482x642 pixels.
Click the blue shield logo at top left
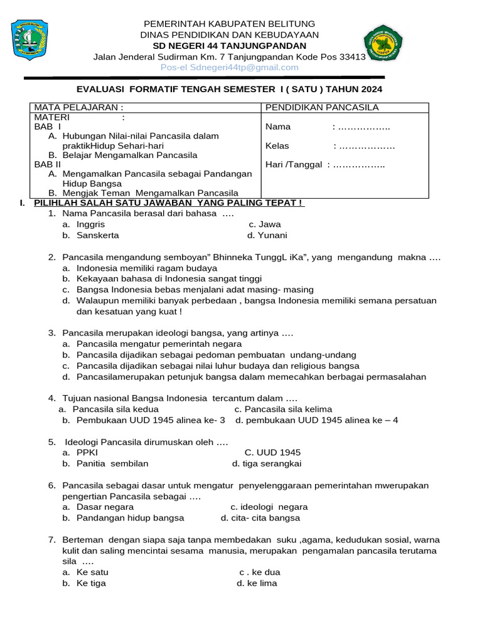[x=29, y=40]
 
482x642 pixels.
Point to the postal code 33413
[x=352, y=56]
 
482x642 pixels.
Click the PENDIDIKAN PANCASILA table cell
[x=322, y=107]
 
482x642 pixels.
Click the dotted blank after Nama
[x=363, y=127]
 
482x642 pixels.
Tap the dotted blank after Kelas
[x=366, y=146]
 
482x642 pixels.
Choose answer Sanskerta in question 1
[x=97, y=236]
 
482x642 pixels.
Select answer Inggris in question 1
[x=90, y=224]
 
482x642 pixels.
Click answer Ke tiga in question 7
[x=91, y=584]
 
